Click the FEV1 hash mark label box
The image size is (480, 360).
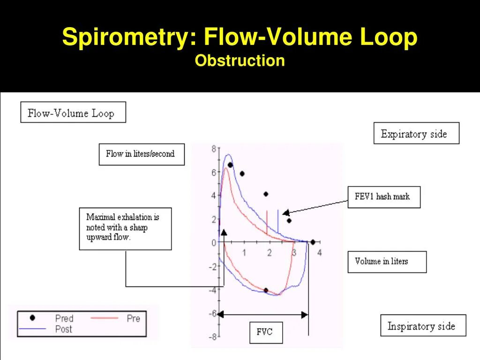(x=384, y=197)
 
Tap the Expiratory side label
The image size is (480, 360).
(x=416, y=134)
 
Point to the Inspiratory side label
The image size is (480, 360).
(x=423, y=326)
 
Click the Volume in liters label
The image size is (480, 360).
(x=387, y=262)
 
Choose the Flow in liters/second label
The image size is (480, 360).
(x=142, y=154)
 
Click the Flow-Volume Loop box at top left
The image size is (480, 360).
(x=73, y=112)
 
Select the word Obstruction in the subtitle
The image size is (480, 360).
(x=240, y=61)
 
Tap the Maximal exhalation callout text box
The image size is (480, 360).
(x=125, y=228)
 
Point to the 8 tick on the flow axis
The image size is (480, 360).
(x=214, y=150)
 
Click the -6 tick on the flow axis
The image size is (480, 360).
(x=212, y=314)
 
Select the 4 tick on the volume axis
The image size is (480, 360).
(x=320, y=253)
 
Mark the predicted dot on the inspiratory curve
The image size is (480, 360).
(x=266, y=291)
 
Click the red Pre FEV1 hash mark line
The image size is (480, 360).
(x=267, y=222)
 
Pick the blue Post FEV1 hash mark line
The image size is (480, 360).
(x=278, y=221)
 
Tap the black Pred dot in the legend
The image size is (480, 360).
(x=32, y=318)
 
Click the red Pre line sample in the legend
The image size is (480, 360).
(x=105, y=318)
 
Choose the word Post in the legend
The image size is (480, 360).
(x=64, y=329)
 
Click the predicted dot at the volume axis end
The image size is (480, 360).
(x=313, y=242)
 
